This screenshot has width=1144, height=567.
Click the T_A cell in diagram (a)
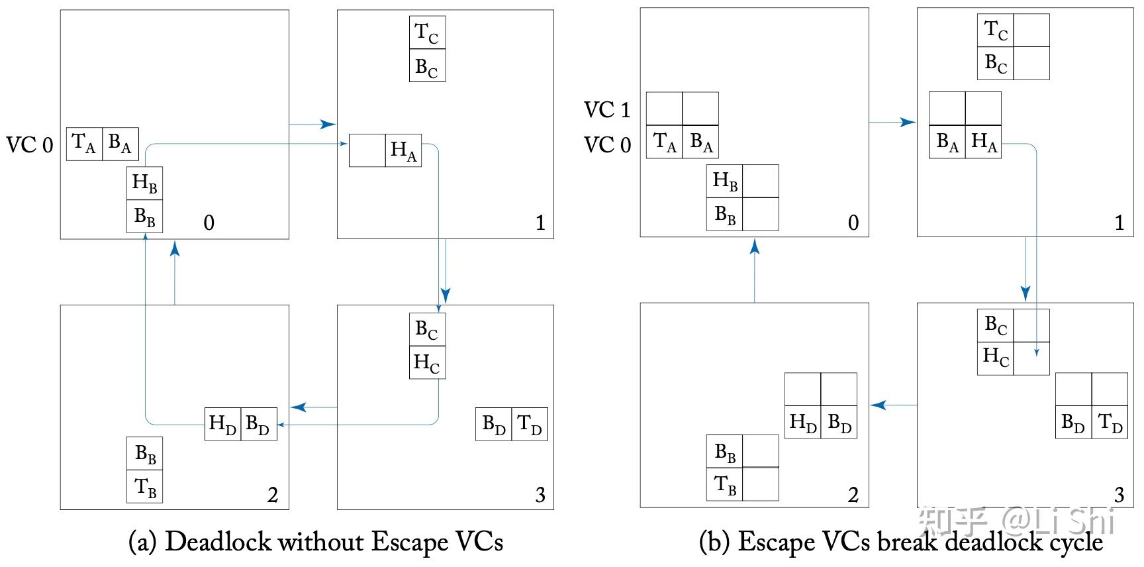[84, 144]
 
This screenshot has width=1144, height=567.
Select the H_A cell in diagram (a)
[403, 150]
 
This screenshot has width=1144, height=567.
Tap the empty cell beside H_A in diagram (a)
[367, 150]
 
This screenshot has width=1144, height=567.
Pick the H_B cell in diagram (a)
[144, 183]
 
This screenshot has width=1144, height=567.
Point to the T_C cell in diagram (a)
[427, 33]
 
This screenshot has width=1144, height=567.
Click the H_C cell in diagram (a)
[427, 362]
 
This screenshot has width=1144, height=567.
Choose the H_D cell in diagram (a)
[222, 424]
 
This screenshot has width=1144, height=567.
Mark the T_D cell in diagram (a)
[530, 424]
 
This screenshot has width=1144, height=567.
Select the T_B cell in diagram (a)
[145, 487]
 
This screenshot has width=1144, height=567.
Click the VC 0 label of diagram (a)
[30, 145]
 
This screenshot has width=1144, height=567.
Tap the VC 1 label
[607, 110]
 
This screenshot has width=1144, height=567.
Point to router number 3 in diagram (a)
[540, 495]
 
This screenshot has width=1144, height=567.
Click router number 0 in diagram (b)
[853, 223]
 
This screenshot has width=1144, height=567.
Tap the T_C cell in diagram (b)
[996, 30]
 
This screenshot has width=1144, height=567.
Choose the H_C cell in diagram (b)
[996, 358]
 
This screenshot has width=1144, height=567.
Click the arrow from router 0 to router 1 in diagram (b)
[892, 123]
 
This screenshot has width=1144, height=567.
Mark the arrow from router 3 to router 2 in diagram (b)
[893, 405]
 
